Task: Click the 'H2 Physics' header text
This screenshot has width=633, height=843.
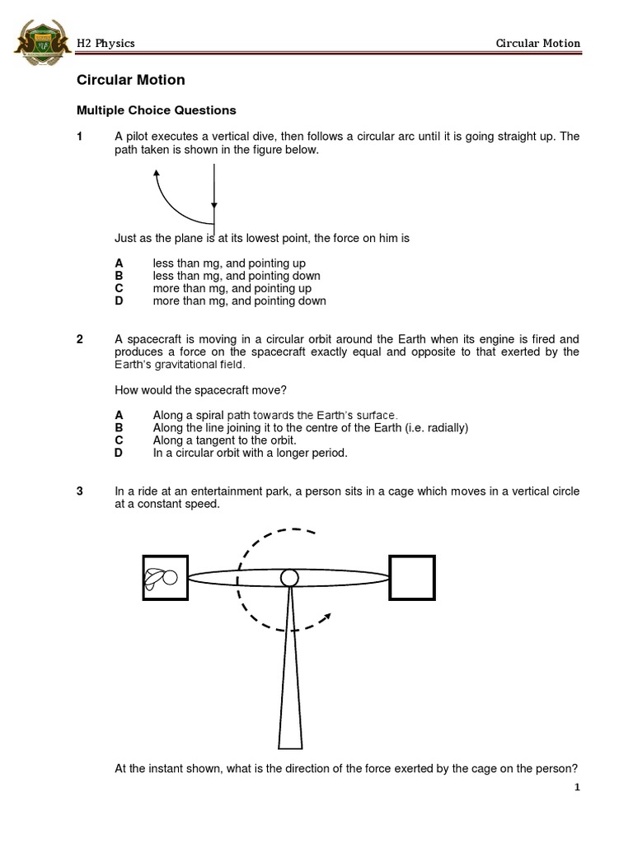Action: pos(105,43)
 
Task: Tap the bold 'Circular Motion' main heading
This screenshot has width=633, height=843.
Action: pos(130,80)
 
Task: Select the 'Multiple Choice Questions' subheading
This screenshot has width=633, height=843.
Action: pos(156,109)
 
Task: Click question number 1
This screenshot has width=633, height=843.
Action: pos(80,137)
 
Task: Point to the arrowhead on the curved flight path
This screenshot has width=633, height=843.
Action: pos(156,174)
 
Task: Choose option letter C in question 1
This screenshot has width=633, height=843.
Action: pos(119,289)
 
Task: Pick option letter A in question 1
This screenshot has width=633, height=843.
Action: pos(119,263)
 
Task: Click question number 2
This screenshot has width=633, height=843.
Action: pos(80,339)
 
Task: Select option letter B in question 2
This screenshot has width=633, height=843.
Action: pos(119,428)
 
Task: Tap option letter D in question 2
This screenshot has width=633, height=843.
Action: pos(119,453)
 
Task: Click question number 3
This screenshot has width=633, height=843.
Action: pos(80,491)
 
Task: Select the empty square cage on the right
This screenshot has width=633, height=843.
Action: pos(412,577)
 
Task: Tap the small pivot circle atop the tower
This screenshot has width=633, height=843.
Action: pos(289,578)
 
